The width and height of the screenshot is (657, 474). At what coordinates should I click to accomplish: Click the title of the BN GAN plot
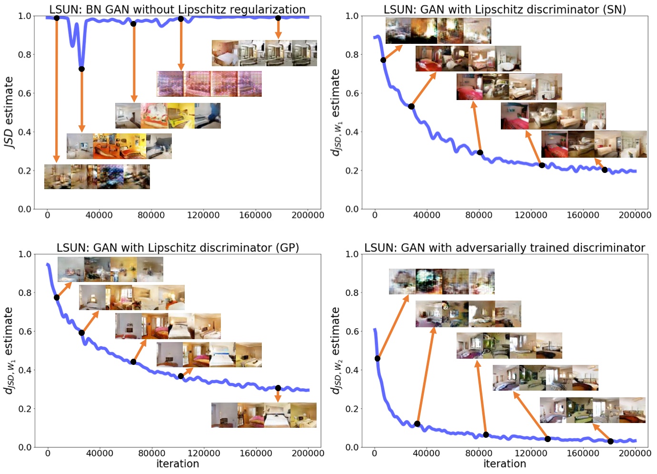click(x=177, y=9)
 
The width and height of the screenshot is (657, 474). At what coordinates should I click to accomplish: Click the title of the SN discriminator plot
click(x=505, y=9)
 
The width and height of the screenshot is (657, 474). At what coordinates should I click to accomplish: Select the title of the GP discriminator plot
click(x=178, y=248)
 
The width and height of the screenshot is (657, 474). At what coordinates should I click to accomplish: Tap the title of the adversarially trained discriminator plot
click(x=505, y=248)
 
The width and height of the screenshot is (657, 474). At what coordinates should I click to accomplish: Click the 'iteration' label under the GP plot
click(x=178, y=464)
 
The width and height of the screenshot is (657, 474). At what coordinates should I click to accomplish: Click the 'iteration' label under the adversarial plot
click(x=505, y=464)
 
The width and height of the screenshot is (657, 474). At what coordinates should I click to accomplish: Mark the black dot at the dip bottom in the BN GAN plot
click(x=81, y=69)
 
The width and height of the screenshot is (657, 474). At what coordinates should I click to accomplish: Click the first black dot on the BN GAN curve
click(x=57, y=18)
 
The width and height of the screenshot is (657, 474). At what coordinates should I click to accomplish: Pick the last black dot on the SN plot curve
click(x=605, y=170)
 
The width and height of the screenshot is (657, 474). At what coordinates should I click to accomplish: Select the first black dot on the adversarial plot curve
click(x=378, y=358)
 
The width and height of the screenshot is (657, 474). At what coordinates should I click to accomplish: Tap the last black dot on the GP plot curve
click(x=278, y=388)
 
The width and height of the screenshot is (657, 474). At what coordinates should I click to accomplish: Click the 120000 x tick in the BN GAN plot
click(x=203, y=215)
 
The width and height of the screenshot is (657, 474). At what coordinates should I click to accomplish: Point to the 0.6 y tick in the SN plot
click(x=352, y=93)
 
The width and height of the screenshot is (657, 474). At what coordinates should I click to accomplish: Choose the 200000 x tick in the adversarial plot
click(x=635, y=454)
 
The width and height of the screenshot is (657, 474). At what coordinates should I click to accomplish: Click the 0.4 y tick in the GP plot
click(x=25, y=370)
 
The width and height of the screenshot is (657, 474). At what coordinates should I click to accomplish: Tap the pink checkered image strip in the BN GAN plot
click(x=209, y=84)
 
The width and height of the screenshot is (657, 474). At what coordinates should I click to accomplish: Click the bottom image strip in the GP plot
click(x=264, y=415)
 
